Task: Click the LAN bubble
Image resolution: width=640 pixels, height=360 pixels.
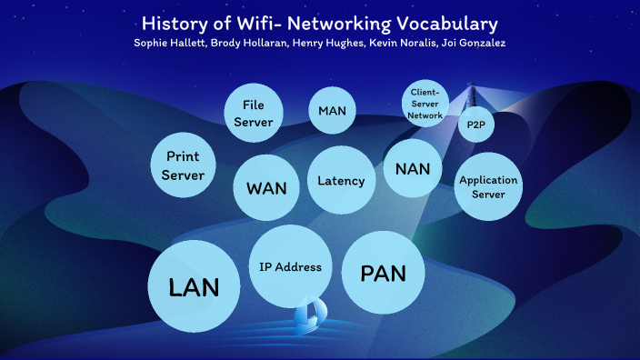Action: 194,286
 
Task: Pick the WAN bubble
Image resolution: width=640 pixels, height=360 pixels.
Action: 266,187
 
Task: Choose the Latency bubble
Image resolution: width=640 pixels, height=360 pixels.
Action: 341,180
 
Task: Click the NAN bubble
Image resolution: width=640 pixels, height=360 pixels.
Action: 413,168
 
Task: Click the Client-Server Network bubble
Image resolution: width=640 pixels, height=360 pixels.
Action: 425,105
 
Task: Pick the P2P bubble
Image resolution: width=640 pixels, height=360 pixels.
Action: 475,125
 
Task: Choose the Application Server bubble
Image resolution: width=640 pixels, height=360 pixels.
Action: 488,186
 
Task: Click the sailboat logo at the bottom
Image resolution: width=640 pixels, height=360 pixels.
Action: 309,313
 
